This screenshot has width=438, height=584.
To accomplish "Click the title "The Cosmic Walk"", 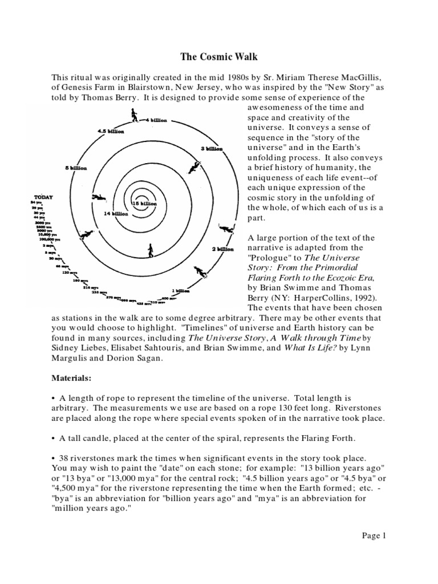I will pyautogui.click(x=218, y=58).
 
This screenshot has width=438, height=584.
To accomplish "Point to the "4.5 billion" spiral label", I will pyautogui.click(x=111, y=131).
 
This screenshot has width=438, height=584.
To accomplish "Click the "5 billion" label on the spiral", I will pyautogui.click(x=75, y=168).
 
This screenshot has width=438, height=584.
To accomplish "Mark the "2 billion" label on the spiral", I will pyautogui.click(x=222, y=249).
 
